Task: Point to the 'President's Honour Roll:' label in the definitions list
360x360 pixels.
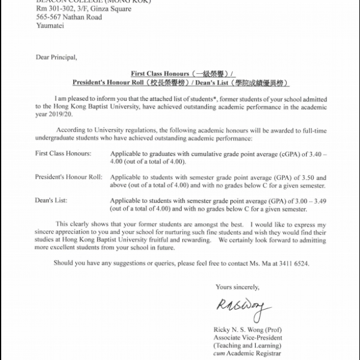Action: pos(68,178)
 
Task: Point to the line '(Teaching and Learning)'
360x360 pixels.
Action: pos(247,346)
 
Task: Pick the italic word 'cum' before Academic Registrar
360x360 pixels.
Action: pos(220,354)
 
